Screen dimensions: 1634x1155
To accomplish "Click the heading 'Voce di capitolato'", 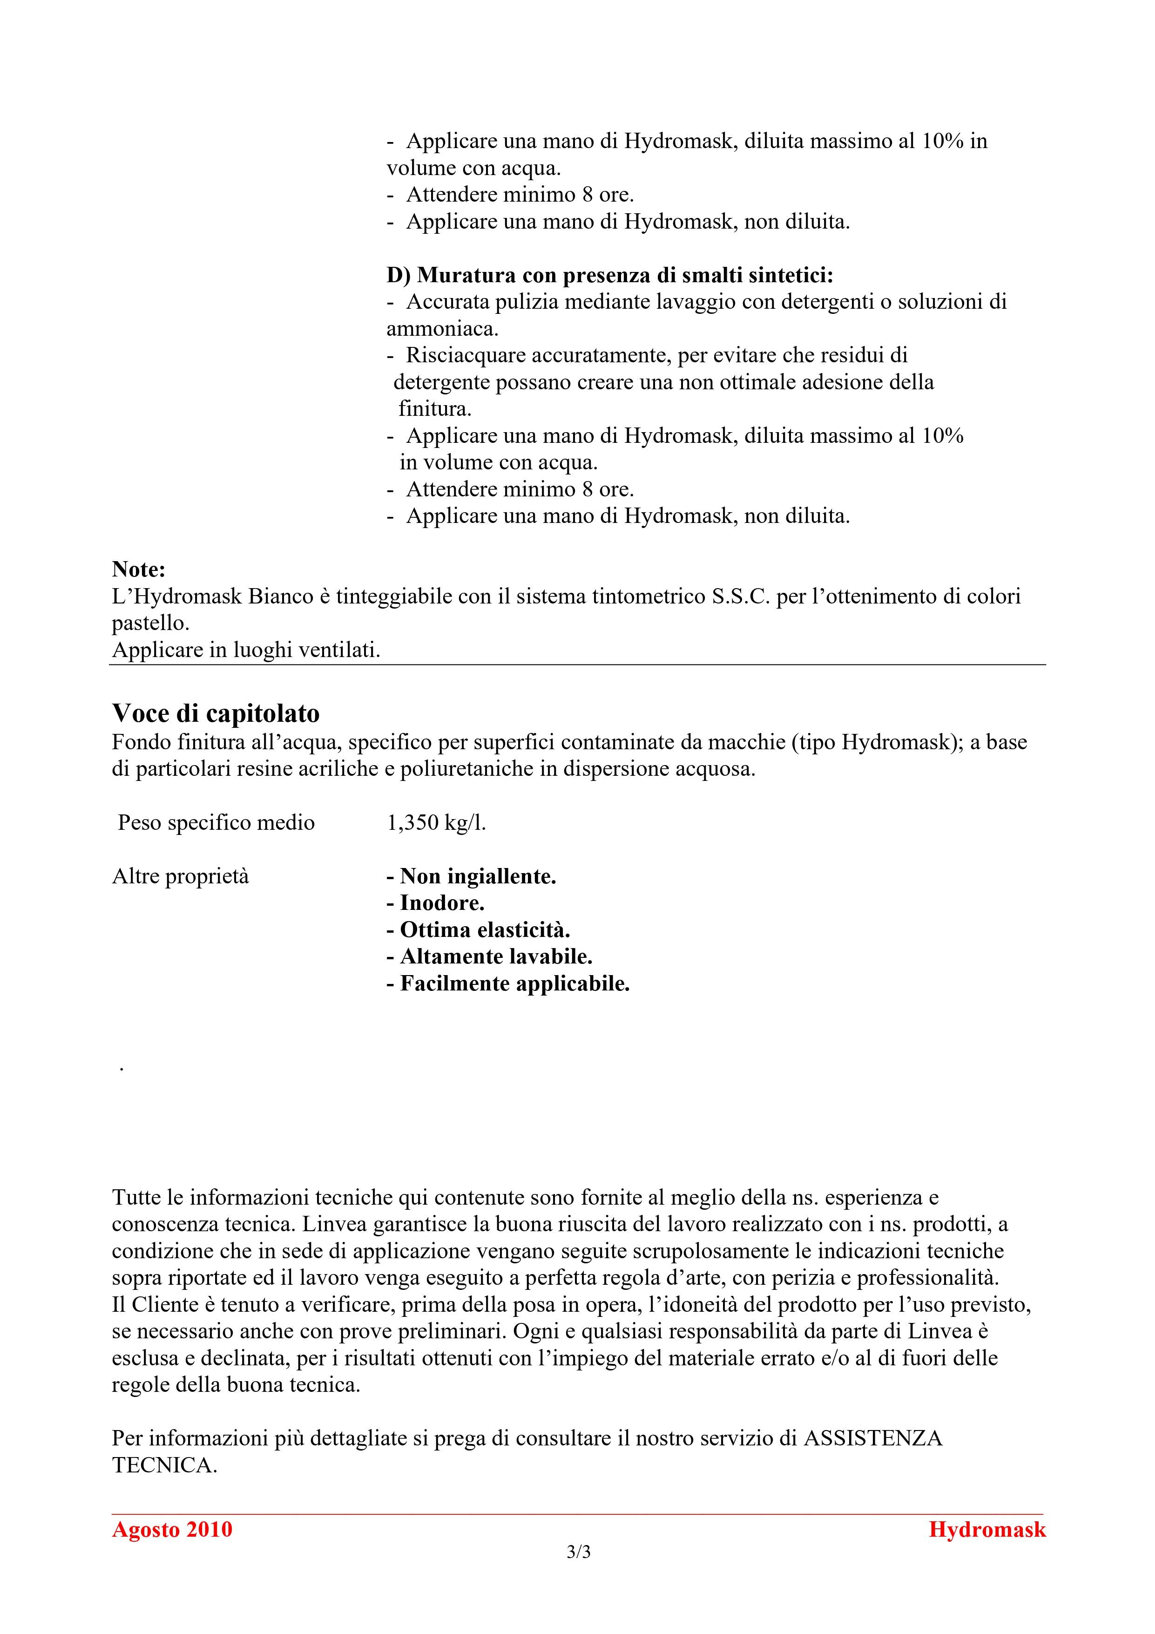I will [x=216, y=713].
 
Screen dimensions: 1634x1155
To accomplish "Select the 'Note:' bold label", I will [x=139, y=570].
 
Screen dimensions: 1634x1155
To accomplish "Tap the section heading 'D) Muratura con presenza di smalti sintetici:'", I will [x=610, y=275].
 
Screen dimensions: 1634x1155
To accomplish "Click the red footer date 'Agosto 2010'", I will [x=172, y=1529].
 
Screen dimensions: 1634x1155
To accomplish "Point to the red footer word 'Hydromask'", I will [x=987, y=1529].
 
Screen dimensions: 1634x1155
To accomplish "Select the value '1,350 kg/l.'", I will [x=436, y=823].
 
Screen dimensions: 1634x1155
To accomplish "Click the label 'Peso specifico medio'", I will [x=216, y=823].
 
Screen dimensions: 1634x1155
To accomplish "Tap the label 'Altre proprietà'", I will [x=181, y=876].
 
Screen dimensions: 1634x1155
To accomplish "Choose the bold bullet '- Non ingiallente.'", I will [x=471, y=876].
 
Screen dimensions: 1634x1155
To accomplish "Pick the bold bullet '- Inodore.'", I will [x=436, y=903].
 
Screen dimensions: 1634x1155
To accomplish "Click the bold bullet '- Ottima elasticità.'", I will [x=478, y=930].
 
